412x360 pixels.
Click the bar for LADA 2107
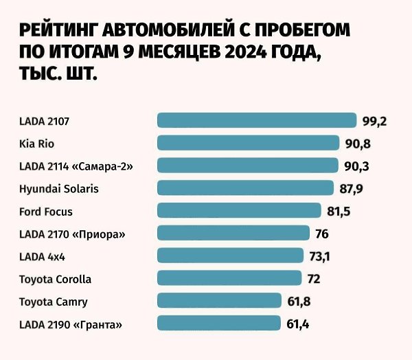click(257, 121)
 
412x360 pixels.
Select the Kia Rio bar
click(249, 143)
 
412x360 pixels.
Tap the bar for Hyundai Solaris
click(246, 188)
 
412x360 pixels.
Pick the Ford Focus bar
click(239, 210)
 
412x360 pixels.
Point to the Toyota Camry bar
click(220, 300)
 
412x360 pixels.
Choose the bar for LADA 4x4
click(230, 256)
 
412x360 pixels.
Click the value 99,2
click(375, 122)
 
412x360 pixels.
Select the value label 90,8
click(358, 144)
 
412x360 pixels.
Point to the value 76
click(321, 234)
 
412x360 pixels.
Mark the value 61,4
click(297, 323)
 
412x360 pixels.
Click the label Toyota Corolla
click(55, 279)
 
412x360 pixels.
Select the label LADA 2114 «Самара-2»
click(76, 166)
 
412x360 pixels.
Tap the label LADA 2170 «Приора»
click(72, 234)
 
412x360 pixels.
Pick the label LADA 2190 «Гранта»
click(74, 323)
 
